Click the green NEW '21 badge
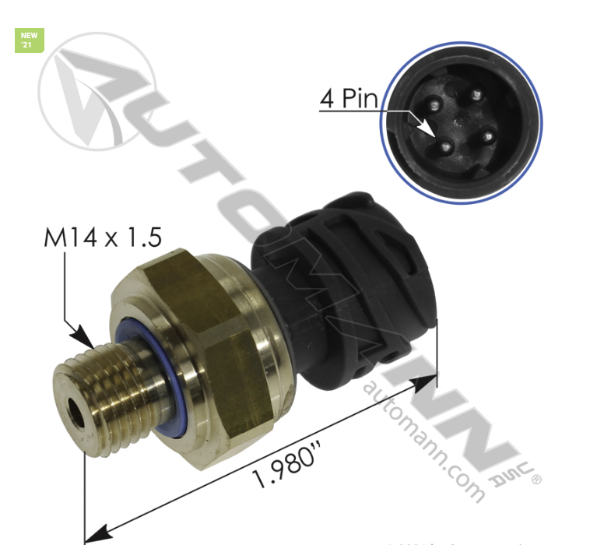point(30,40)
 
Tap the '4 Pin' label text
point(348,99)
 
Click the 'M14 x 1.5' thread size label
point(102,237)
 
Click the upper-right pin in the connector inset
point(476,96)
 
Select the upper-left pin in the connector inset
point(433,102)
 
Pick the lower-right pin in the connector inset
point(488,138)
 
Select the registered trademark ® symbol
point(536,480)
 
